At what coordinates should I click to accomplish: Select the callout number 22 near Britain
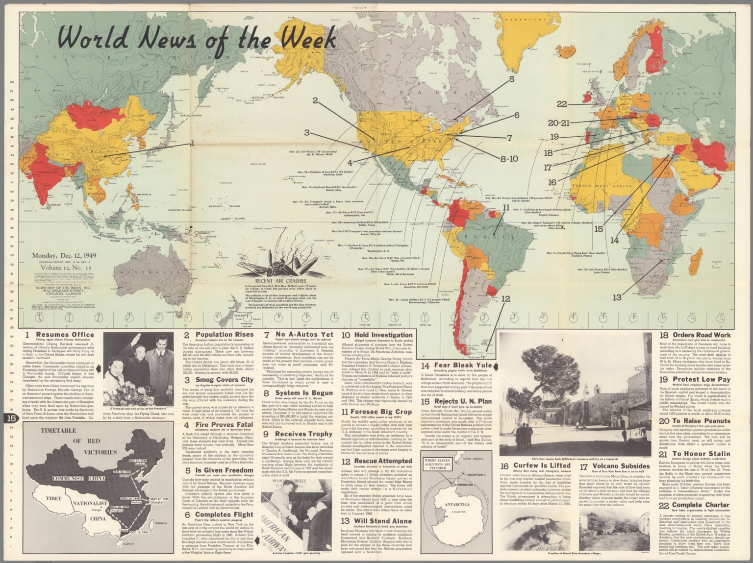562,104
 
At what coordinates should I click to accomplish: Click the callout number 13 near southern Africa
617,297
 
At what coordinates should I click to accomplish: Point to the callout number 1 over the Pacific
192,143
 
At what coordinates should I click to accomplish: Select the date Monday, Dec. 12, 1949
64,255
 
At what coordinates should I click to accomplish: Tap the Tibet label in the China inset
53,498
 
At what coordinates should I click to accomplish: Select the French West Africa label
603,186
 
